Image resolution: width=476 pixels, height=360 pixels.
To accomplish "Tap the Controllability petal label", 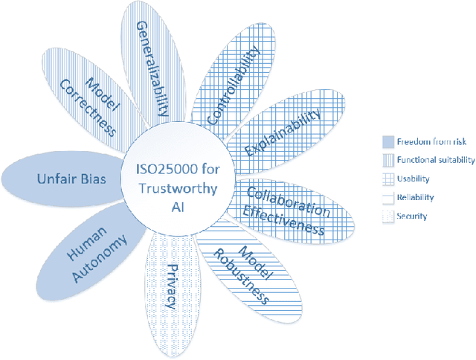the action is point(233,84).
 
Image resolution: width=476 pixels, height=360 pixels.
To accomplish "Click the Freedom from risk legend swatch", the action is point(386,141).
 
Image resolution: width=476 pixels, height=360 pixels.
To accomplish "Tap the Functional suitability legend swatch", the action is point(386,160).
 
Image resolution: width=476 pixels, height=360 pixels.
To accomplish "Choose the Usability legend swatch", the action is point(386,179).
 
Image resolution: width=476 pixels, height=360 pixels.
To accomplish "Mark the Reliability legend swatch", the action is point(386,198).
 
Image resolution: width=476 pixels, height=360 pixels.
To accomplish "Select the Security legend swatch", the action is point(386,216).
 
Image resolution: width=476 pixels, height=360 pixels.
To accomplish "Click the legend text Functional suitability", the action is point(432,160).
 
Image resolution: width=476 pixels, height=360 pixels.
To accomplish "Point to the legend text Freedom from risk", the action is point(426,141).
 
